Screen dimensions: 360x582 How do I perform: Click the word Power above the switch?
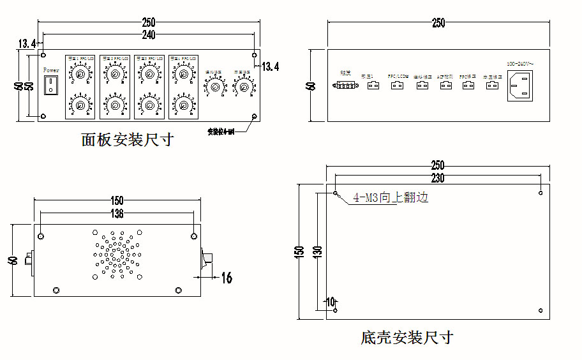click(50, 70)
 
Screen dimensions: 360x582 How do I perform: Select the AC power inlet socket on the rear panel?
click(520, 86)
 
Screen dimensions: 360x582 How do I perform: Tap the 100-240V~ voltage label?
click(520, 64)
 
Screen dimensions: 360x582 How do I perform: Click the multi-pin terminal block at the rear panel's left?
click(345, 85)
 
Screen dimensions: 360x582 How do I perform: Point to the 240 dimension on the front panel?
click(149, 34)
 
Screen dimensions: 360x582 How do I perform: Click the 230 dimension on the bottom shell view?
click(438, 178)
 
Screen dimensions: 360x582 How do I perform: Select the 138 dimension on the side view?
click(117, 214)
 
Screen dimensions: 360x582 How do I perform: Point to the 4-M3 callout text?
click(390, 198)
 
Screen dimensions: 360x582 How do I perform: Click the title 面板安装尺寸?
click(127, 140)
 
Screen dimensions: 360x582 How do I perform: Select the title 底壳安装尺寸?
click(407, 337)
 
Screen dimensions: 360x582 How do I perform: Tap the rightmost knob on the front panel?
click(243, 87)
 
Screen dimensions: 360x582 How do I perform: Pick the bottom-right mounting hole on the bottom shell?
click(541, 310)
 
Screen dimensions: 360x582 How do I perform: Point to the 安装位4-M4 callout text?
click(221, 132)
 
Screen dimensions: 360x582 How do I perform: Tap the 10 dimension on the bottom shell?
click(330, 301)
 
